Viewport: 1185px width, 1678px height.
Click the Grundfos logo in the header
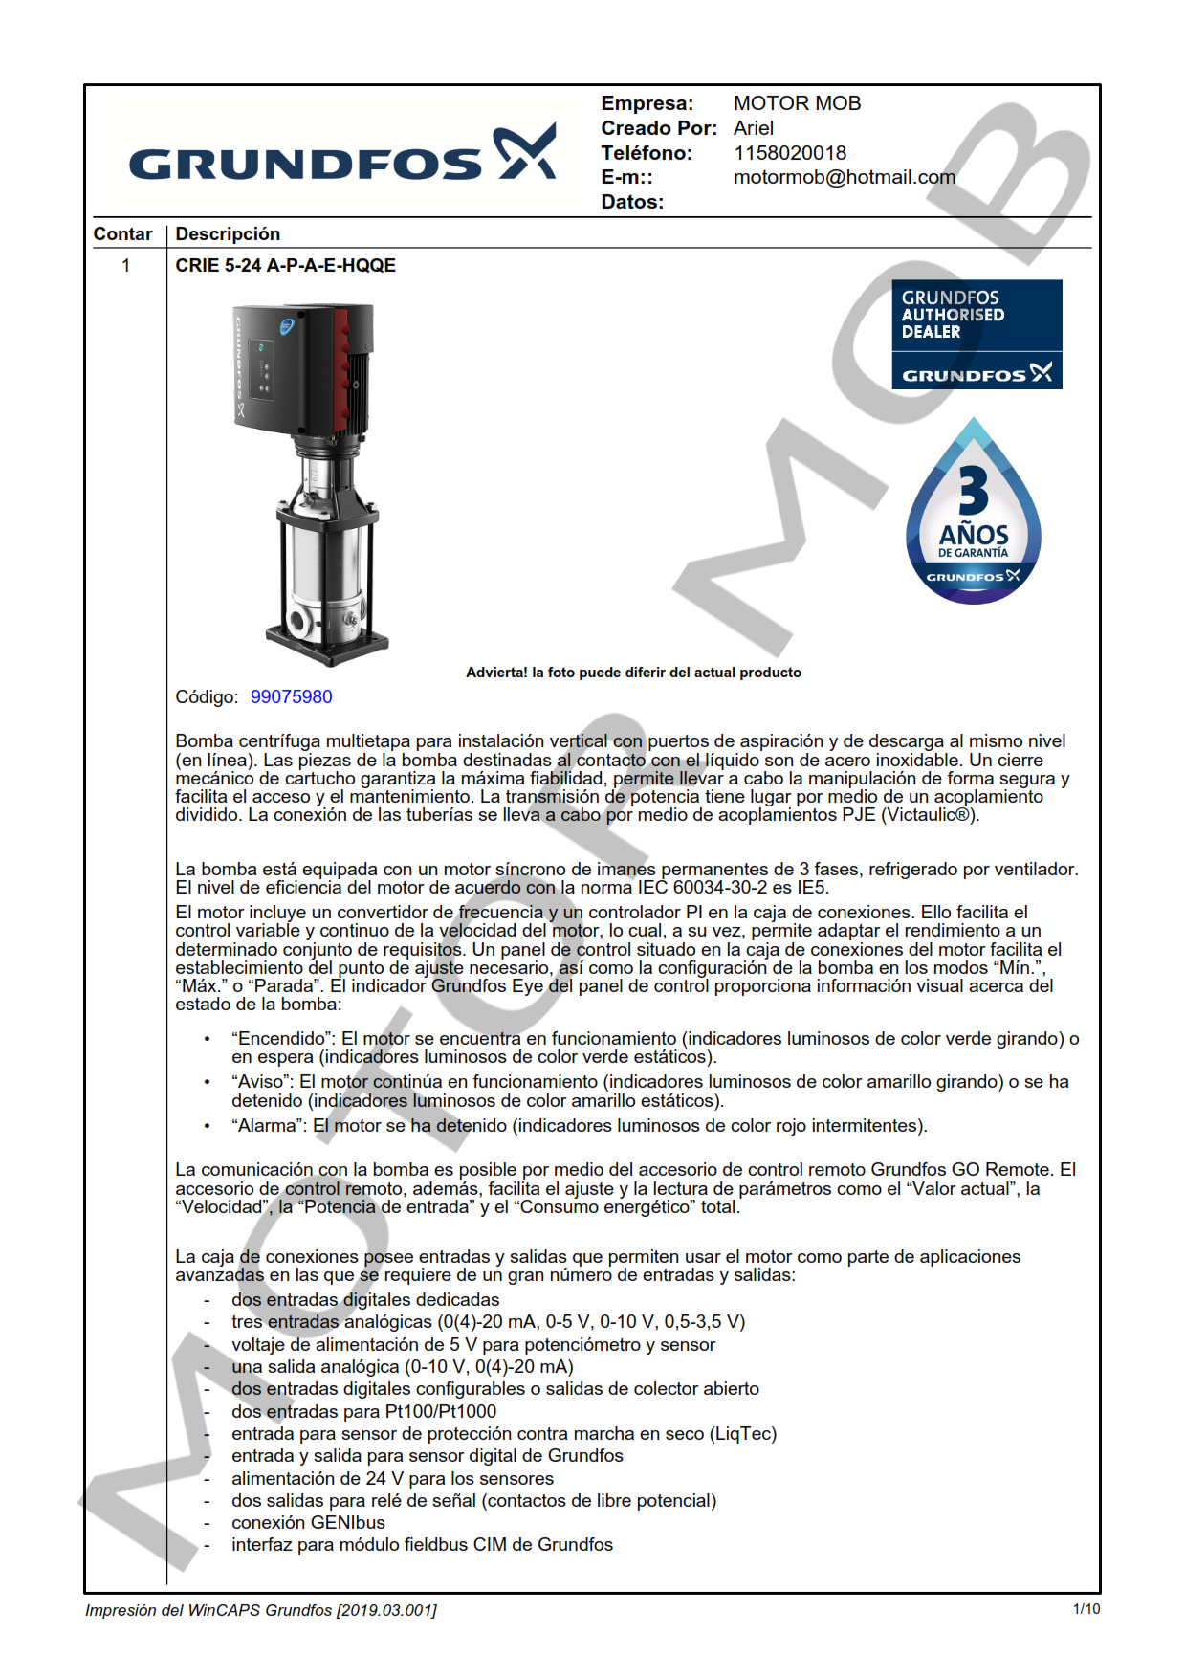[x=342, y=156]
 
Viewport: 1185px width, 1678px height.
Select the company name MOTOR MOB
[x=797, y=103]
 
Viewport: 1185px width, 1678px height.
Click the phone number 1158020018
[x=789, y=153]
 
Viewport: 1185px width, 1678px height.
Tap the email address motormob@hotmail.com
[x=844, y=177]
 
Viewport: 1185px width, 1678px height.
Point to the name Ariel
[x=754, y=128]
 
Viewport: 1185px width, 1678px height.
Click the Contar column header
[x=122, y=234]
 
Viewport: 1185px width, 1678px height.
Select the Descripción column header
[x=228, y=234]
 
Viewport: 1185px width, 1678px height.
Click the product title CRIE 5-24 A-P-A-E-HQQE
[x=285, y=266]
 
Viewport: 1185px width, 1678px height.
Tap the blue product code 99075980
[x=291, y=697]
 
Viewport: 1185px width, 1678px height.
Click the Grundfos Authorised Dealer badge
[x=977, y=334]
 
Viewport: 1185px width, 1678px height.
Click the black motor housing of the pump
[x=287, y=364]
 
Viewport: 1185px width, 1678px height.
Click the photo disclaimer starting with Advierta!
[x=633, y=673]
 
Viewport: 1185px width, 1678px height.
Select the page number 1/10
[x=1086, y=1609]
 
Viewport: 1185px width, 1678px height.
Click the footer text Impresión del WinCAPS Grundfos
[x=260, y=1610]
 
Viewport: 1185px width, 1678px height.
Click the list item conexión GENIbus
[x=308, y=1523]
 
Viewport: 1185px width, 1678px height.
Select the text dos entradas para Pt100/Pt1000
[x=363, y=1412]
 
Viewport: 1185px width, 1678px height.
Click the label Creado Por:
[x=658, y=128]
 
